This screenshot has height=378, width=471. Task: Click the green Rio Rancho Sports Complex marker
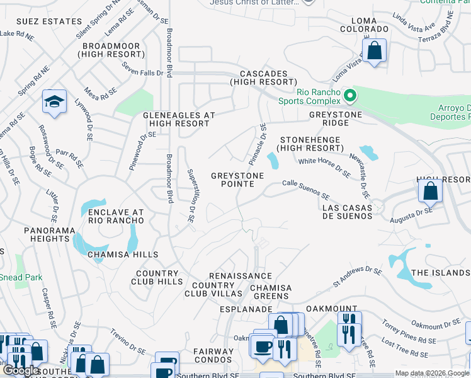tap(351, 96)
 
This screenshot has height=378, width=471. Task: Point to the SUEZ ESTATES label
tap(40, 21)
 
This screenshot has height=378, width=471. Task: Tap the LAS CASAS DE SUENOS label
tap(347, 212)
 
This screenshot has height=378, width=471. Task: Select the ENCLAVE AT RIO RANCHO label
tap(116, 217)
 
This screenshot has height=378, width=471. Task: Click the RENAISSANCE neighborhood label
tap(241, 276)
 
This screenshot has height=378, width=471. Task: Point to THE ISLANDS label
tap(440, 273)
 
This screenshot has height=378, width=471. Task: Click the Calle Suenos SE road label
tap(305, 188)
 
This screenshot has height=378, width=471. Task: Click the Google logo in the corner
tap(21, 371)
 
